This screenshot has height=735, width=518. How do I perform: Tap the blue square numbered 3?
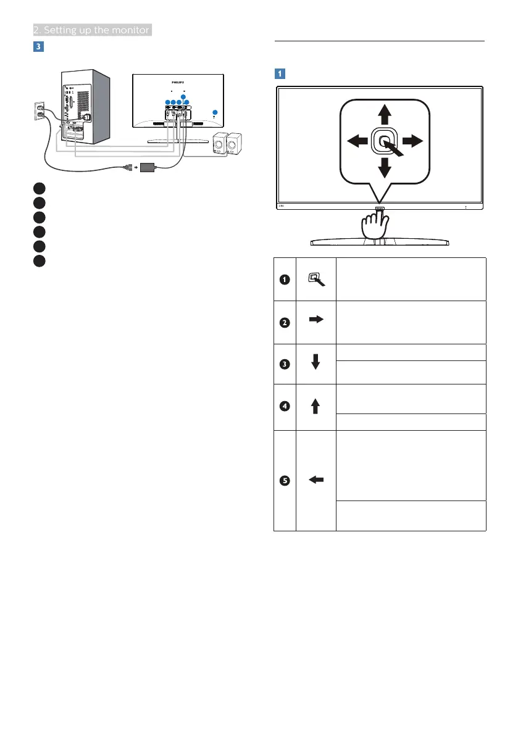click(x=38, y=47)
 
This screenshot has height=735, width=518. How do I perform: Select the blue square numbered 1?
click(x=280, y=73)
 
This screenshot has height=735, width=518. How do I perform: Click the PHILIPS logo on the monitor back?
click(x=178, y=80)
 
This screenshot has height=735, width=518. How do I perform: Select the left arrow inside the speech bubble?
click(x=357, y=141)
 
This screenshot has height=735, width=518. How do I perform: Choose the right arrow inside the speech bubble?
click(x=412, y=141)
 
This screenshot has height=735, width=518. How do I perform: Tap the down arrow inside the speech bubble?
click(x=384, y=168)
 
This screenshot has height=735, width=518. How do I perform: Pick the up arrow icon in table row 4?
click(x=315, y=406)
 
